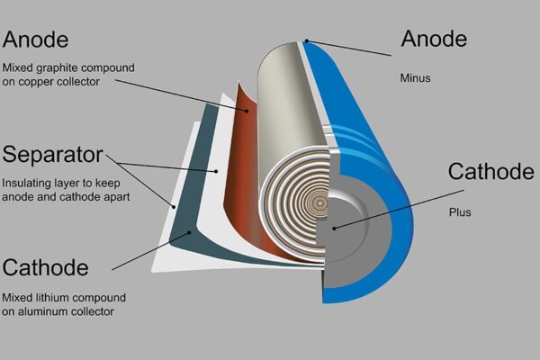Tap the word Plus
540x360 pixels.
[460, 212]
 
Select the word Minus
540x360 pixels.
[417, 77]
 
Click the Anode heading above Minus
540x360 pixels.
[434, 39]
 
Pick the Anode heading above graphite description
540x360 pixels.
[36, 39]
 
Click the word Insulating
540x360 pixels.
[26, 181]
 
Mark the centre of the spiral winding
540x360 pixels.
[317, 203]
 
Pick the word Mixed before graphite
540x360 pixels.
[18, 67]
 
